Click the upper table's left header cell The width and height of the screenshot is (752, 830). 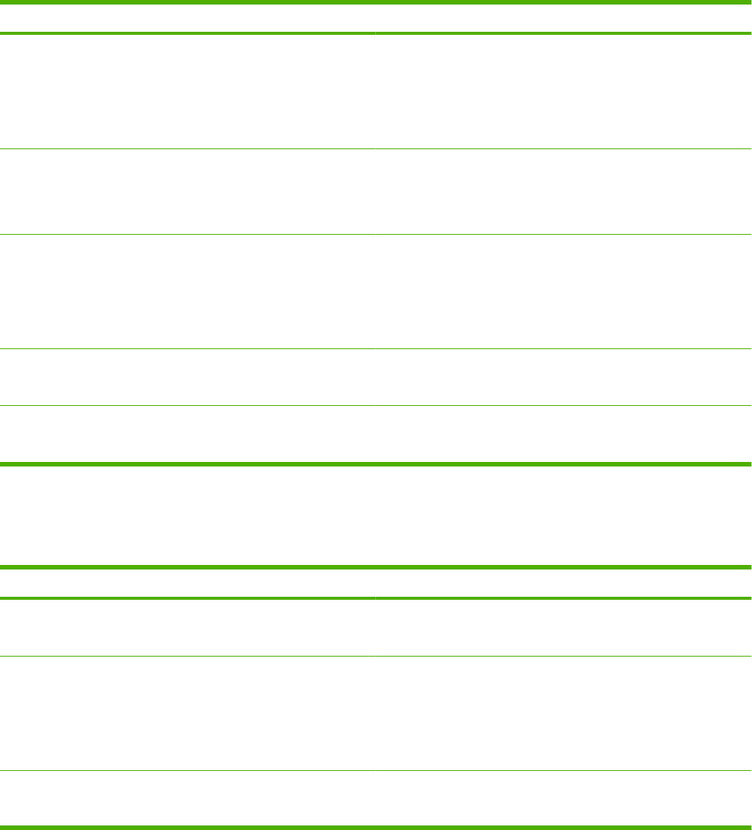[x=187, y=18]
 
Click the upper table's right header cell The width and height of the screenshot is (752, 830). [x=562, y=18]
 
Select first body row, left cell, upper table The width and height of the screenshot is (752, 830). [x=187, y=92]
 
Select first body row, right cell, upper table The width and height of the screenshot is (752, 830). [x=562, y=92]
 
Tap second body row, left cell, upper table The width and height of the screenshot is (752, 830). [x=187, y=192]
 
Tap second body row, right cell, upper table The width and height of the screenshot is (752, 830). [x=562, y=192]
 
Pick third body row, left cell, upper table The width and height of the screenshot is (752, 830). [x=187, y=292]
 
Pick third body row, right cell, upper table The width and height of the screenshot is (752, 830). [x=562, y=292]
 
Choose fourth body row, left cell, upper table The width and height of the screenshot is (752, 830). [x=187, y=377]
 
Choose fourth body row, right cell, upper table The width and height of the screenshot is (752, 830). [x=562, y=377]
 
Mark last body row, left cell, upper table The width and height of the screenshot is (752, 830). [x=187, y=434]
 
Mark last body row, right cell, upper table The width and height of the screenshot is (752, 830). [x=562, y=434]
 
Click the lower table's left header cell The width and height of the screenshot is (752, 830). [x=187, y=582]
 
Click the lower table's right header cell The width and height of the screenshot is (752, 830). [x=562, y=582]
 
